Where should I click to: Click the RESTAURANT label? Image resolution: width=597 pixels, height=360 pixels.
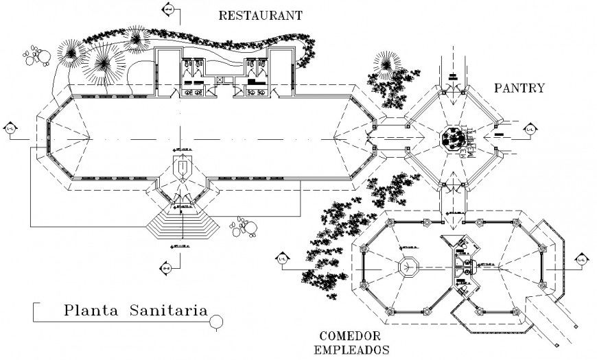260,15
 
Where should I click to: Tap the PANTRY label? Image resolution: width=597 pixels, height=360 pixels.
519,88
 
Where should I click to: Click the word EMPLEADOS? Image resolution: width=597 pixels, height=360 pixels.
352,349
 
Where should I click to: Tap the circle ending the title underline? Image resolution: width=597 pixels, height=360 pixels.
217,320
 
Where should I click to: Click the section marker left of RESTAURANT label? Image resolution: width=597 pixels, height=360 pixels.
167,10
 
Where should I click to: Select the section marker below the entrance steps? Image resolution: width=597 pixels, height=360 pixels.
167,266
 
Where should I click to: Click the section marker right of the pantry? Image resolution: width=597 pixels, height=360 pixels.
530,129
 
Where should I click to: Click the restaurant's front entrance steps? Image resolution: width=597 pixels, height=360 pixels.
183,224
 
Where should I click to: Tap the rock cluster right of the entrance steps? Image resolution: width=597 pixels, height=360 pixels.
243,226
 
